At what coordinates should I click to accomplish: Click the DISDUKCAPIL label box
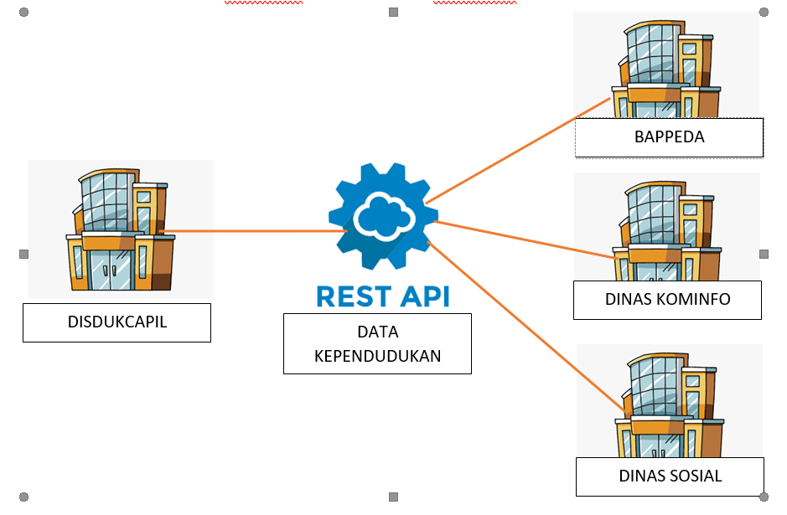(x=116, y=322)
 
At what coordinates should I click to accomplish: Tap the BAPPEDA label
(x=669, y=136)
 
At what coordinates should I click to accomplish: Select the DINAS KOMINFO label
(x=667, y=300)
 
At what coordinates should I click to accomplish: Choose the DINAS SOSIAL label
(x=670, y=476)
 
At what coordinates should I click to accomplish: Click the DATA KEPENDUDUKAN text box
(x=377, y=343)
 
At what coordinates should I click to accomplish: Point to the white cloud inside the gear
(x=383, y=216)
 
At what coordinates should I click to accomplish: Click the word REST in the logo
(x=350, y=296)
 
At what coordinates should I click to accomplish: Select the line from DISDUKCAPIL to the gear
(x=251, y=230)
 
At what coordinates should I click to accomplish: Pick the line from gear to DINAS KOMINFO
(x=520, y=239)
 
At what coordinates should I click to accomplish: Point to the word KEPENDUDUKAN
(x=377, y=356)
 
